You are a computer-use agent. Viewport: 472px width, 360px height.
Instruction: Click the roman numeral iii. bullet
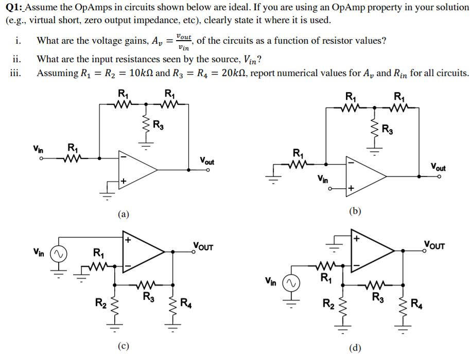point(15,73)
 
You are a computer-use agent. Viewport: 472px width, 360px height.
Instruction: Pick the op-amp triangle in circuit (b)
point(365,176)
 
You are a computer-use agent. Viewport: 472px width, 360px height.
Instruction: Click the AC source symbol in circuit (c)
point(58,254)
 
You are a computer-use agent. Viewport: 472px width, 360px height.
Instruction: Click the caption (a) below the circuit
point(123,214)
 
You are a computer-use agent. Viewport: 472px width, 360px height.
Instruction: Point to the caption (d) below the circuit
point(355,348)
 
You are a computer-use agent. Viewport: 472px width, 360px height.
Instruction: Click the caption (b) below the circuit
point(355,210)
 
